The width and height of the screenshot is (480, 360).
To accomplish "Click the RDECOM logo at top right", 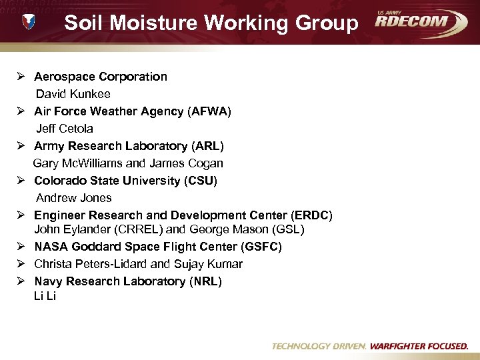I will tap(420, 22).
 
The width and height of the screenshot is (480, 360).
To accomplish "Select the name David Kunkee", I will tap(73, 94).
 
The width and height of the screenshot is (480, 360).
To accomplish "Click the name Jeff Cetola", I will tap(64, 129).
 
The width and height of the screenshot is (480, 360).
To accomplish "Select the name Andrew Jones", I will tap(73, 198).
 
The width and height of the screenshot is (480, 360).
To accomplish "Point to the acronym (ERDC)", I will tap(312, 215).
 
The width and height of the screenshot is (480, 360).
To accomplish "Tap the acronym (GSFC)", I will tap(261, 247).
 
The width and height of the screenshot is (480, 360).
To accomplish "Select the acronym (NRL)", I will tap(205, 281).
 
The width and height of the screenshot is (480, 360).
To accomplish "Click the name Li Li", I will tap(45, 296).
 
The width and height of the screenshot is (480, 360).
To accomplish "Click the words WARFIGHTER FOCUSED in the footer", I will tap(419, 347).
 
